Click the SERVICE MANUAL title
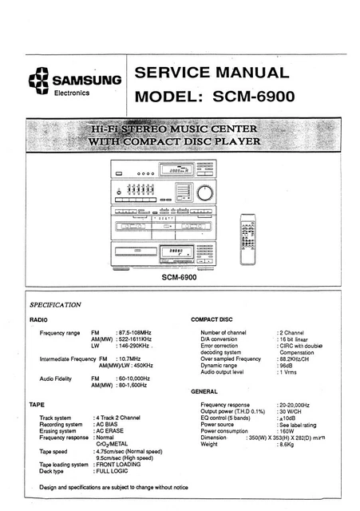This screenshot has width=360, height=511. [212, 73]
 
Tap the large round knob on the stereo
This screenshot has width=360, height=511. [206, 192]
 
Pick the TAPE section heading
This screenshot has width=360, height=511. [38, 405]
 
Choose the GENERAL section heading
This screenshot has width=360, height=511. [205, 392]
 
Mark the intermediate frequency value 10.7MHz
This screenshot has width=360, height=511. [133, 358]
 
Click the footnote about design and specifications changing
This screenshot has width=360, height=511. [113, 486]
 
